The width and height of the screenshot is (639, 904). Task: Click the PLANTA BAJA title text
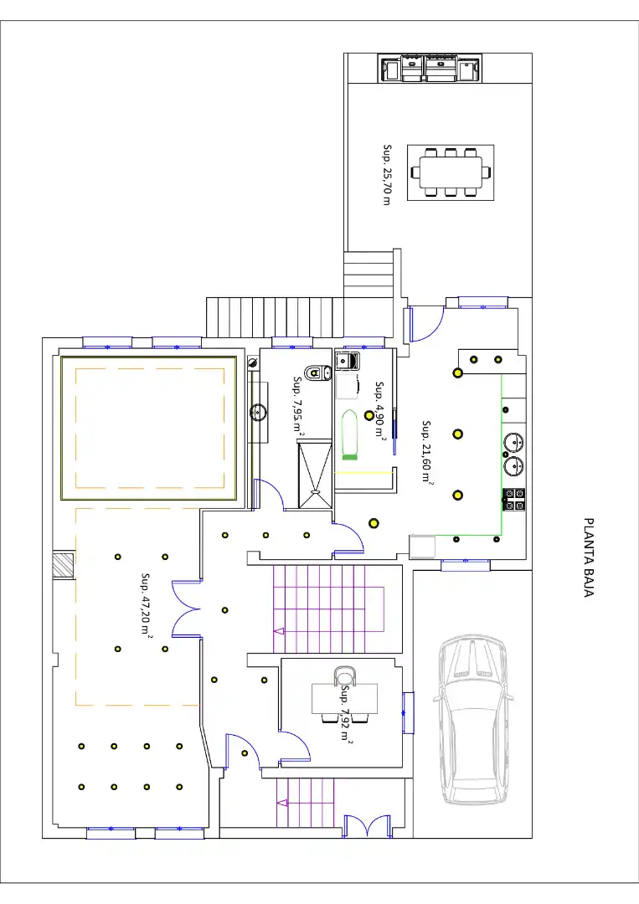pyautogui.click(x=588, y=557)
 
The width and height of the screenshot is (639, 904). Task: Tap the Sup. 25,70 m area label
pyautogui.click(x=387, y=175)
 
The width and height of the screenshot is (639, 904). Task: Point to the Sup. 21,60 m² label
pyautogui.click(x=427, y=451)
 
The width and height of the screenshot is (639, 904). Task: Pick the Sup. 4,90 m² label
pyautogui.click(x=379, y=408)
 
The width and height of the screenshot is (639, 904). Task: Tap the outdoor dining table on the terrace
pyautogui.click(x=451, y=172)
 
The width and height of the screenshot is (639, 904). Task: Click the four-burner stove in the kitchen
pyautogui.click(x=514, y=499)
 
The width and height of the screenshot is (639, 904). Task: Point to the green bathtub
pyautogui.click(x=349, y=434)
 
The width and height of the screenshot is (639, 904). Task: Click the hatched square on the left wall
pyautogui.click(x=63, y=566)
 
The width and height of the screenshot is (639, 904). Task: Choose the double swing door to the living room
pyautogui.click(x=186, y=609)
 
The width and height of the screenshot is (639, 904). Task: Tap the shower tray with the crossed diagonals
pyautogui.click(x=316, y=474)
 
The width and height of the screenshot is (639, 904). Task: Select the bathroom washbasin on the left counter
pyautogui.click(x=258, y=412)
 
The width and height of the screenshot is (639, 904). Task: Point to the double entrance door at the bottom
pyautogui.click(x=368, y=825)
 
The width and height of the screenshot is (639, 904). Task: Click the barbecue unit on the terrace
pyautogui.click(x=430, y=68)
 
